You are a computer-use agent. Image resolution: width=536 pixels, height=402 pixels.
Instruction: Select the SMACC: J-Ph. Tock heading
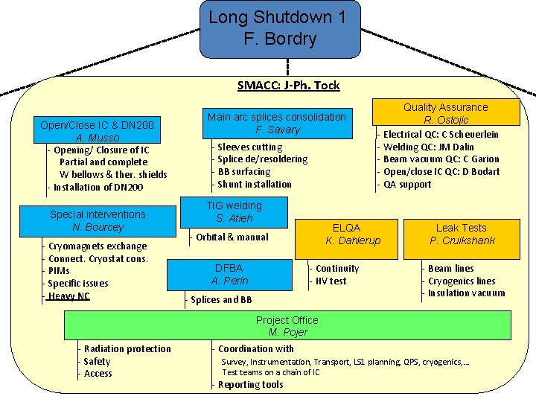click(x=288, y=86)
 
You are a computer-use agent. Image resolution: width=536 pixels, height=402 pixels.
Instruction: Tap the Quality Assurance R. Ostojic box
click(x=445, y=113)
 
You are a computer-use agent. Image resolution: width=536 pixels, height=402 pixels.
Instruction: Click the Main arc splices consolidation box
click(x=276, y=123)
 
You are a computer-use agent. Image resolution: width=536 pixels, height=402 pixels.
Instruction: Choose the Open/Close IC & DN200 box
click(x=97, y=131)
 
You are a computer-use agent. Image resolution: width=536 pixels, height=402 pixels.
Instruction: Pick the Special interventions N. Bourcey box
click(x=98, y=220)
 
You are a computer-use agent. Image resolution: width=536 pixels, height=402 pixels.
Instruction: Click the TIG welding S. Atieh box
click(x=234, y=211)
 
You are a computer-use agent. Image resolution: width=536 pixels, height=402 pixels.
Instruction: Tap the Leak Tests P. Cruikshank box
click(x=462, y=234)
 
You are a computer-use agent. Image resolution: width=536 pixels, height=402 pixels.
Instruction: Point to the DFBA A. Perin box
click(x=229, y=274)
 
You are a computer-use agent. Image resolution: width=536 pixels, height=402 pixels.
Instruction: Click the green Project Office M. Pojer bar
click(x=287, y=325)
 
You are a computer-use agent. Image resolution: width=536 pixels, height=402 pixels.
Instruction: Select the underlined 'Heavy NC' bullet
click(x=68, y=296)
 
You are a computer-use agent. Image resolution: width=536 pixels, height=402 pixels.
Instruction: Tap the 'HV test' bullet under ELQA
click(x=331, y=281)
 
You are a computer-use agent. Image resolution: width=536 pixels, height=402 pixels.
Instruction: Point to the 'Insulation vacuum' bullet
click(x=466, y=293)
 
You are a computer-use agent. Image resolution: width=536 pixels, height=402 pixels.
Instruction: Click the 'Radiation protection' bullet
click(x=127, y=348)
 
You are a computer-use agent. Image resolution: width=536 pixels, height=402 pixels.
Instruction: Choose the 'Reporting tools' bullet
click(x=250, y=384)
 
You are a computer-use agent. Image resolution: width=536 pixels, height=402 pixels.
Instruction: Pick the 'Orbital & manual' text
click(x=232, y=237)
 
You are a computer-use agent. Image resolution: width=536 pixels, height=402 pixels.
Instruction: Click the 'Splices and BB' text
click(x=221, y=299)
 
